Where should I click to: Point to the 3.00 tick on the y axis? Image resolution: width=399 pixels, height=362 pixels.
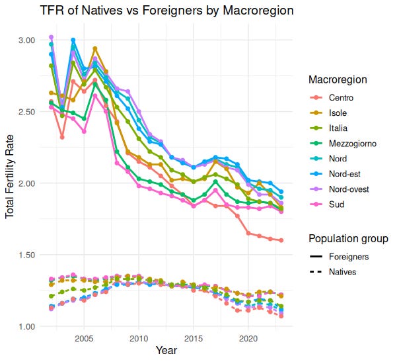(26, 40)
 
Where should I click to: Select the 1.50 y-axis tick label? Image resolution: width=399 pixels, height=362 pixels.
(26, 255)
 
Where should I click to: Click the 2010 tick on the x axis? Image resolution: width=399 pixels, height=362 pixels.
(139, 338)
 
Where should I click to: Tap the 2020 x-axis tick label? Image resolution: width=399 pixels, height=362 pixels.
(248, 338)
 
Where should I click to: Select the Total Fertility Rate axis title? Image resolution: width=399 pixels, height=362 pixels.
(11, 183)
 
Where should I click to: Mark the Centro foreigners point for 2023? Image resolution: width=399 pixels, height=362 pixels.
(281, 240)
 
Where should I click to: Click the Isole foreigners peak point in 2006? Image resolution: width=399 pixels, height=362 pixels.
(95, 49)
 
